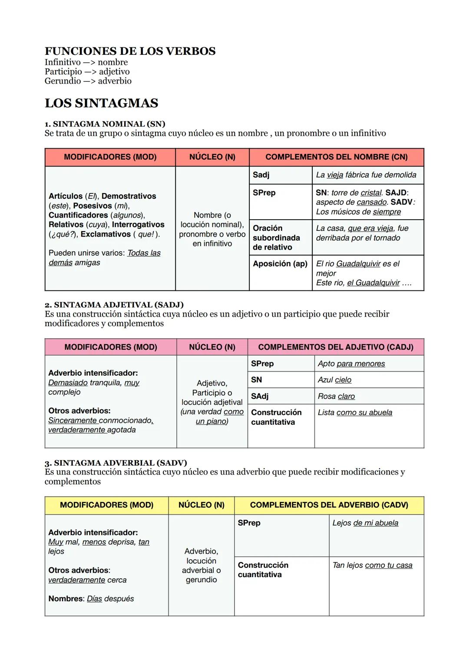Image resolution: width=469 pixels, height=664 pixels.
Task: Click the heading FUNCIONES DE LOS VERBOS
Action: [x=130, y=51]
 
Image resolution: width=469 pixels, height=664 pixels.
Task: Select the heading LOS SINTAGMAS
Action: [x=101, y=103]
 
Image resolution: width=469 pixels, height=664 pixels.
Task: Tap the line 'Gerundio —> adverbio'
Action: [x=88, y=81]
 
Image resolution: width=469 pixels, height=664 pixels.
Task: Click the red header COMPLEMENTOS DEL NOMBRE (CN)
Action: [x=336, y=157]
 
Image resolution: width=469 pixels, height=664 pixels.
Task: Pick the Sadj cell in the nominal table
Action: [x=261, y=175]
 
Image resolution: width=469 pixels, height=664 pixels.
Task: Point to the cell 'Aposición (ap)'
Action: [x=280, y=264]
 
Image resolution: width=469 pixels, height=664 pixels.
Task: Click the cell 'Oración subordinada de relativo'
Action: [x=276, y=237]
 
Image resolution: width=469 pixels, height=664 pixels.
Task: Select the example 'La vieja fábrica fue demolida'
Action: [x=366, y=175]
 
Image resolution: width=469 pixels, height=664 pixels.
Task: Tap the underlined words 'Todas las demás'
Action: [x=104, y=257]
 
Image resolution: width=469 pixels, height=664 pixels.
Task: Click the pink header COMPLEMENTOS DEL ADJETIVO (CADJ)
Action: [x=335, y=347]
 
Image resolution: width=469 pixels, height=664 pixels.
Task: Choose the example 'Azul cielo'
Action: [x=334, y=380]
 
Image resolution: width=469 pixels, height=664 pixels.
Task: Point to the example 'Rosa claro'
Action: [x=336, y=396]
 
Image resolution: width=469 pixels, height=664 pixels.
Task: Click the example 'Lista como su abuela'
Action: [x=355, y=412]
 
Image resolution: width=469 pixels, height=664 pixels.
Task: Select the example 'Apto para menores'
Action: [x=351, y=364]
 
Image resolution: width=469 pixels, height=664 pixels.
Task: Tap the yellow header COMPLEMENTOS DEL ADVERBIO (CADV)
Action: [x=329, y=505]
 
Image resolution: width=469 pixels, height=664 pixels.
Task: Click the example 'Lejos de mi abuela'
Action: [x=365, y=523]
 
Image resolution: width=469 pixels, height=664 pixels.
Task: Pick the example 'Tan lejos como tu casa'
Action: [x=372, y=565]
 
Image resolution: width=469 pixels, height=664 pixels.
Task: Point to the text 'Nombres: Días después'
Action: [x=91, y=598]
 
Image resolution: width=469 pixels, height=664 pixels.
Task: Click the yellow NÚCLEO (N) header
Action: [x=201, y=505]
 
